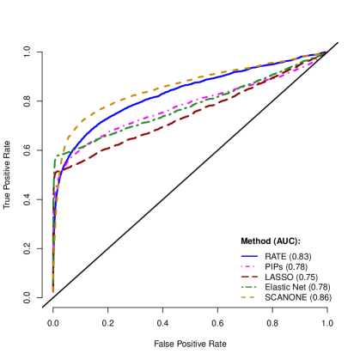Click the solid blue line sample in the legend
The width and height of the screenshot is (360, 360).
[249, 256]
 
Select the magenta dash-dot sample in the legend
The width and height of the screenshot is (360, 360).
[249, 266]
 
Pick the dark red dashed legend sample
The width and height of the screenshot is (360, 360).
[249, 277]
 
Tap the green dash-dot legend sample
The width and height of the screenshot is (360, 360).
[249, 287]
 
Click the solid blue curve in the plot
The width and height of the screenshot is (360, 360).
[172, 89]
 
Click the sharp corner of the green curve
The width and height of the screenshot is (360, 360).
[57, 156]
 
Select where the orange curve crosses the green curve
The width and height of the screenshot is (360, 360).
[62, 155]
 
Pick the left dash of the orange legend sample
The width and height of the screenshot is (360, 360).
[243, 297]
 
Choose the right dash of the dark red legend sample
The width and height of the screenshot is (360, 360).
[255, 277]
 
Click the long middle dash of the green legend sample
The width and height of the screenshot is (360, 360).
[249, 287]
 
